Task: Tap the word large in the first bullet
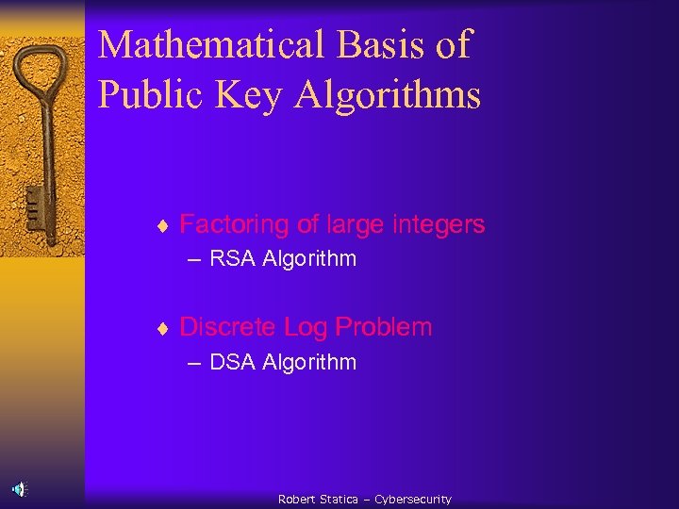pyautogui.click(x=355, y=224)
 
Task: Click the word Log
pyautogui.click(x=305, y=327)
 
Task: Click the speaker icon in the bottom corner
pyautogui.click(x=20, y=488)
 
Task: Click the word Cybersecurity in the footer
pyautogui.click(x=413, y=500)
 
